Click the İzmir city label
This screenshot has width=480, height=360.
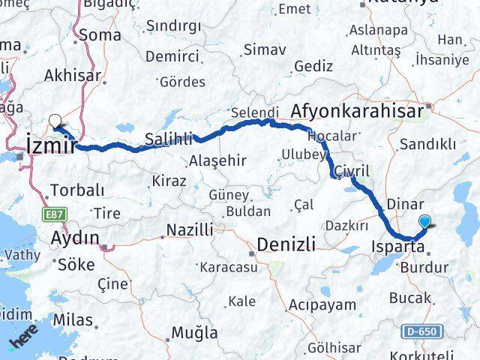coord(50,145)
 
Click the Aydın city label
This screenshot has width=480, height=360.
coord(74,238)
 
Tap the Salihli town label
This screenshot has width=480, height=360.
coord(169,139)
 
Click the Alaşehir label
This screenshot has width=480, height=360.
coord(217,160)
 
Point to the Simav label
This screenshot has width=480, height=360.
coord(264,50)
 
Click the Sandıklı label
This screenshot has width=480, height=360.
coord(428,144)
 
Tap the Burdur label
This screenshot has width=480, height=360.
coord(424,267)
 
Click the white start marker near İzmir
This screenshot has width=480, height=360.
coord(55,120)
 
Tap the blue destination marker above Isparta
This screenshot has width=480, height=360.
coord(426,221)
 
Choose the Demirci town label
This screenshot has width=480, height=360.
coord(172,57)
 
